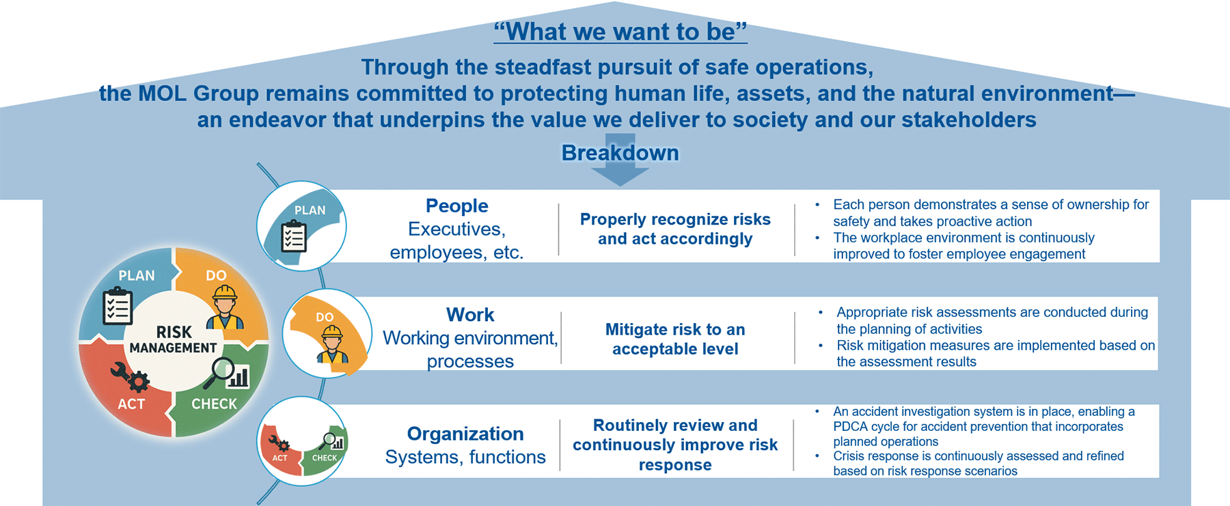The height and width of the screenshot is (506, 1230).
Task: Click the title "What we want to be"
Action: click(620, 31)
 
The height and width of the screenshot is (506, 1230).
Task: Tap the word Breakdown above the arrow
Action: click(620, 152)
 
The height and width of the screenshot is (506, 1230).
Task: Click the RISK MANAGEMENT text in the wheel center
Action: click(174, 339)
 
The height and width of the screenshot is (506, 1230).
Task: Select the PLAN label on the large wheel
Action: click(137, 276)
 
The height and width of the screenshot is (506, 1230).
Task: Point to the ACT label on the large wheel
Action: click(131, 404)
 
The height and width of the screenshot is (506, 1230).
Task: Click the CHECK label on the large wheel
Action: click(214, 404)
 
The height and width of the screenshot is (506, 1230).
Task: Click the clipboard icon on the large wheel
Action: click(118, 306)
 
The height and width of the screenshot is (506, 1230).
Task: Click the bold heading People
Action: click(457, 206)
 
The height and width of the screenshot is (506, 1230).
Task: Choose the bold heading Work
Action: click(470, 315)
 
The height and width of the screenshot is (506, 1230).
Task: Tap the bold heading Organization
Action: click(465, 434)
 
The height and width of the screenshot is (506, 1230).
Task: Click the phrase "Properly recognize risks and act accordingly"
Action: click(675, 229)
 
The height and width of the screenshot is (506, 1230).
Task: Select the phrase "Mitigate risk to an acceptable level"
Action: click(675, 339)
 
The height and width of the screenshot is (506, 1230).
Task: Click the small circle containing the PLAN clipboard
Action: click(301, 226)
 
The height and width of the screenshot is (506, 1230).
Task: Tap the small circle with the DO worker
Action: click(327, 333)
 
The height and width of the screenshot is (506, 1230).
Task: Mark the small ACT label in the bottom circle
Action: click(279, 458)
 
